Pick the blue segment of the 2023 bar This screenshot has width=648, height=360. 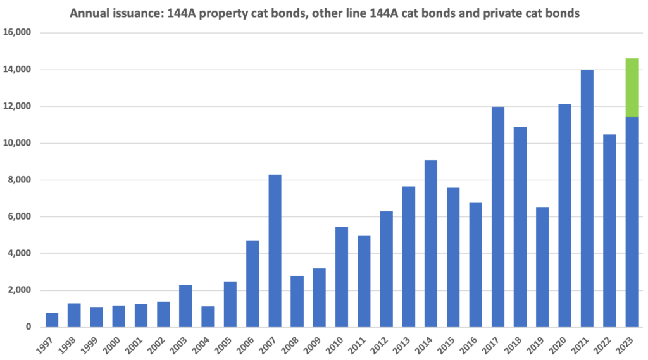(x=632, y=222)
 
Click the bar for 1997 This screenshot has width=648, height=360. (x=52, y=320)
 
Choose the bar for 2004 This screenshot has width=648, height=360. (x=208, y=316)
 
